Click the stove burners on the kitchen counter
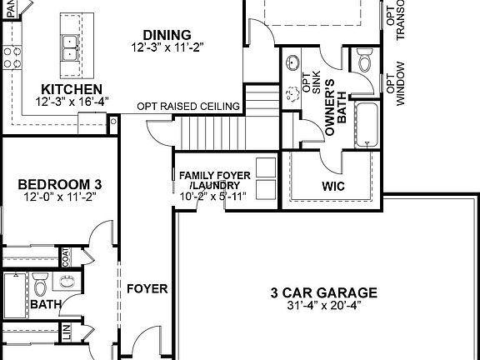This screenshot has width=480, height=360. (12, 57)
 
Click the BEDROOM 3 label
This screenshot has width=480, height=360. (49, 184)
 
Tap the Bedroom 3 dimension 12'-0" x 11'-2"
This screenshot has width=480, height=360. (49, 197)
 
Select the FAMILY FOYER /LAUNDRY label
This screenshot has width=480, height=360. (213, 180)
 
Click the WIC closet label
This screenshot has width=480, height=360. (333, 186)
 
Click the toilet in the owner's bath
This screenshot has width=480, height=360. (364, 62)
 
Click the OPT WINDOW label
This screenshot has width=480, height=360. (402, 83)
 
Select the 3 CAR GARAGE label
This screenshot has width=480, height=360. (324, 292)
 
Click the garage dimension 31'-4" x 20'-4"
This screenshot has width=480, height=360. (324, 306)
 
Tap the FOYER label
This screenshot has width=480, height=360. (147, 289)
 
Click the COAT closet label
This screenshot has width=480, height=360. (65, 257)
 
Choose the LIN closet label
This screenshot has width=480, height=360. (65, 335)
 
